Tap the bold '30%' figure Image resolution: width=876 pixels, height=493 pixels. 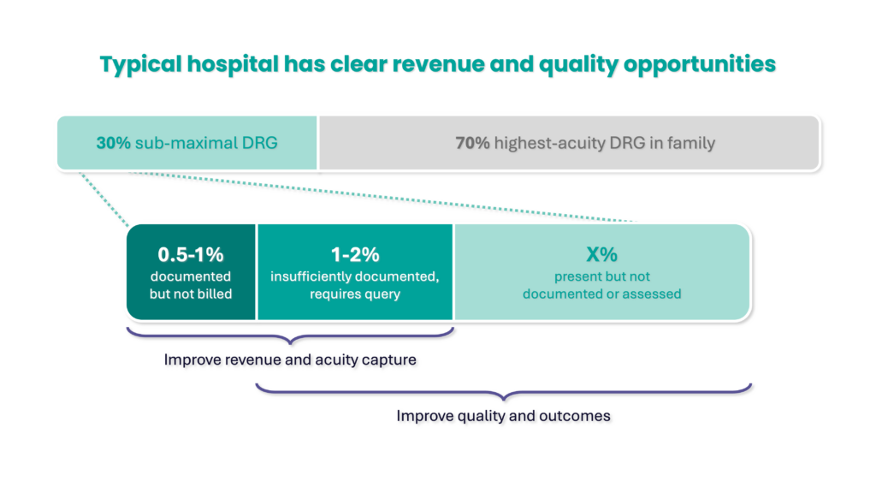coord(113,143)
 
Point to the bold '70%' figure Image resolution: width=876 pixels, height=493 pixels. coord(472,143)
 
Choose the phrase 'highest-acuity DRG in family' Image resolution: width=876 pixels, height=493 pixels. coord(604,143)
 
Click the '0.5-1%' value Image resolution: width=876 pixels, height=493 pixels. coord(191,254)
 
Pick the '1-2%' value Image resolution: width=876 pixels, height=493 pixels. coord(355,254)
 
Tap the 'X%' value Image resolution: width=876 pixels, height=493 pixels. coord(602,254)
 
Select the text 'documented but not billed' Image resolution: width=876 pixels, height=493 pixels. coord(191,285)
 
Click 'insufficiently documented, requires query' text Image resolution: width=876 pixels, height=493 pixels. coord(355,285)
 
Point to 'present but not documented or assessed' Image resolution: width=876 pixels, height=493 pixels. coord(602,285)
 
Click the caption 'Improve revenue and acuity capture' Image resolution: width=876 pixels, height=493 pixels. coord(290,359)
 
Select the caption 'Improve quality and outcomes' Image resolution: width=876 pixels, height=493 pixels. coord(503,416)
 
